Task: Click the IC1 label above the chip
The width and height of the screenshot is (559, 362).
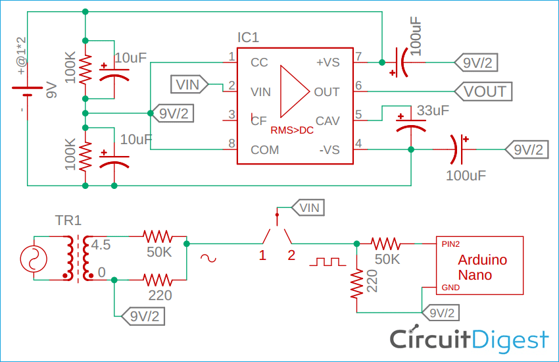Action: click(248, 38)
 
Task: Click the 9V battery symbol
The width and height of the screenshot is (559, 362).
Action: click(26, 91)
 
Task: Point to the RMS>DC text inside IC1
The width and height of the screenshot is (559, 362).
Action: click(292, 130)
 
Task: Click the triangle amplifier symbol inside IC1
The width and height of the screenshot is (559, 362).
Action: click(293, 91)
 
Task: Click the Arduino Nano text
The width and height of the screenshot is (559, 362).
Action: click(482, 267)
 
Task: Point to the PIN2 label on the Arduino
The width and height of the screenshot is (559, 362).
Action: click(450, 244)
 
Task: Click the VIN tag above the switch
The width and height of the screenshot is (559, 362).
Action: click(308, 208)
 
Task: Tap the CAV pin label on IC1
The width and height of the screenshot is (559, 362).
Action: click(328, 120)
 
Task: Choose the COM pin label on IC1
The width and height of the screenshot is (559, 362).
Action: click(264, 149)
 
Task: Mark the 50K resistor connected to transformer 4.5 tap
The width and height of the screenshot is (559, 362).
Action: click(158, 236)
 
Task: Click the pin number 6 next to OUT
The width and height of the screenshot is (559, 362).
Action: click(358, 86)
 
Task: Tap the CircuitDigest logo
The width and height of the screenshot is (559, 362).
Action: click(469, 339)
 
